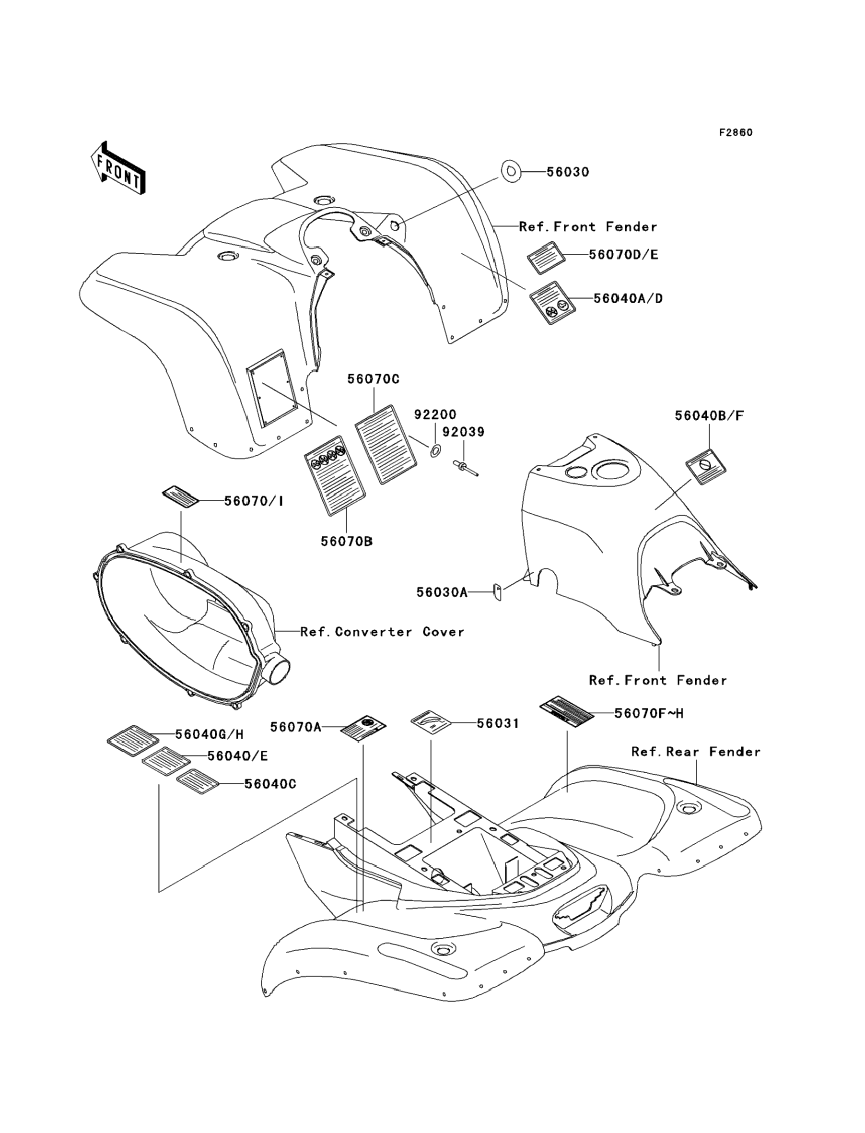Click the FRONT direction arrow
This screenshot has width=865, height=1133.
pos(118,168)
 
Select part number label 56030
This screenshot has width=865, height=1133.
pos(567,172)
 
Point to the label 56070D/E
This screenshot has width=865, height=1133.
pos(623,255)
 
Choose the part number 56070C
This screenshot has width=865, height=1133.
pos(374,379)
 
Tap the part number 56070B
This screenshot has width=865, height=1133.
pos(347,541)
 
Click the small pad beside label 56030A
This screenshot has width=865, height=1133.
pos(498,592)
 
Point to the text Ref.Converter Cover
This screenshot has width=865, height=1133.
pos(382,632)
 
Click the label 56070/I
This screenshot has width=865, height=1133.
pos(254,501)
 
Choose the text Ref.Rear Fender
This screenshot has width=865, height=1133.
pos(696,752)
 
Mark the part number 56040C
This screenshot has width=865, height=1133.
pos(270,784)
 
